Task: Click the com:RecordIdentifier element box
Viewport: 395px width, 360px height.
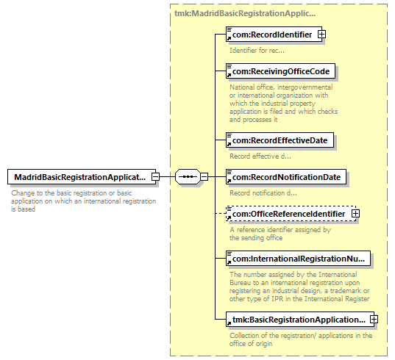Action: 274,35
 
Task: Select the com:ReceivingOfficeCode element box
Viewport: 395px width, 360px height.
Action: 281,71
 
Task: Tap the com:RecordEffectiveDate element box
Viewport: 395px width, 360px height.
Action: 280,140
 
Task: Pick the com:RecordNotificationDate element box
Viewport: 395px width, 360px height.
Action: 286,176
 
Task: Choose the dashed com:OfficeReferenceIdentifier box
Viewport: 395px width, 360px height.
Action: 291,213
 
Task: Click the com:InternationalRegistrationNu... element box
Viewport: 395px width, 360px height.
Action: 298,258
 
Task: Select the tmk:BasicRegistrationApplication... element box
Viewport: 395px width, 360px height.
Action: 300,320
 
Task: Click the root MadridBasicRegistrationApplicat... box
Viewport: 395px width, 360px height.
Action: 82,176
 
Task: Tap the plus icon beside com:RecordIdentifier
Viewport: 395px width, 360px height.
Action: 321,35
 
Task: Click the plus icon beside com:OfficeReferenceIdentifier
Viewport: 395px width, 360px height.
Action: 355,214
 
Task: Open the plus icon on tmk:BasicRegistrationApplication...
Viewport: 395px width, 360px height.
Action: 374,320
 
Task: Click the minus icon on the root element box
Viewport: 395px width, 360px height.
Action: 155,176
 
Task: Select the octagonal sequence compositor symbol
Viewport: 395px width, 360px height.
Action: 188,176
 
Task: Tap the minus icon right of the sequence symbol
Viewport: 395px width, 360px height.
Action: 204,176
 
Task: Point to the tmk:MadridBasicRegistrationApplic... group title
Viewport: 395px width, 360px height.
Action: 245,13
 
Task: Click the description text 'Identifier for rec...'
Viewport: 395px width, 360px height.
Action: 257,50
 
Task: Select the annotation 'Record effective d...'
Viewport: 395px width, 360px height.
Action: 260,156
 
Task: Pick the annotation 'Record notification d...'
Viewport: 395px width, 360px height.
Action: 263,193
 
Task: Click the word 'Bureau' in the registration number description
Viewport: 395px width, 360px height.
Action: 240,283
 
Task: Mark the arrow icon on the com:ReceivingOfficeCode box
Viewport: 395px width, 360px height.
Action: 229,75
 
